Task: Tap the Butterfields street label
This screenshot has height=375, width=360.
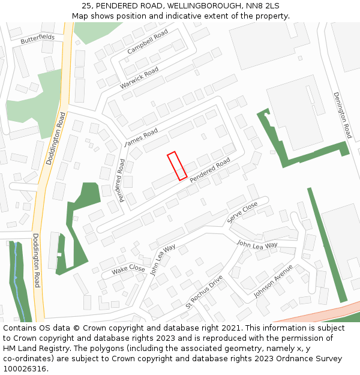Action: tap(37, 39)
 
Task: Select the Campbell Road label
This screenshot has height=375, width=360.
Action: tap(148, 42)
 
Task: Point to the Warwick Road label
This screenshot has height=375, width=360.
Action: tap(139, 79)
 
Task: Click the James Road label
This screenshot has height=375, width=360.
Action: tap(140, 137)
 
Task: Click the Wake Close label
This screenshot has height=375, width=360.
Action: tap(128, 270)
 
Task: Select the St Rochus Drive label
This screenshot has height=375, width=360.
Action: tap(204, 292)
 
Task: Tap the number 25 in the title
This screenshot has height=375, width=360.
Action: tap(86, 6)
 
